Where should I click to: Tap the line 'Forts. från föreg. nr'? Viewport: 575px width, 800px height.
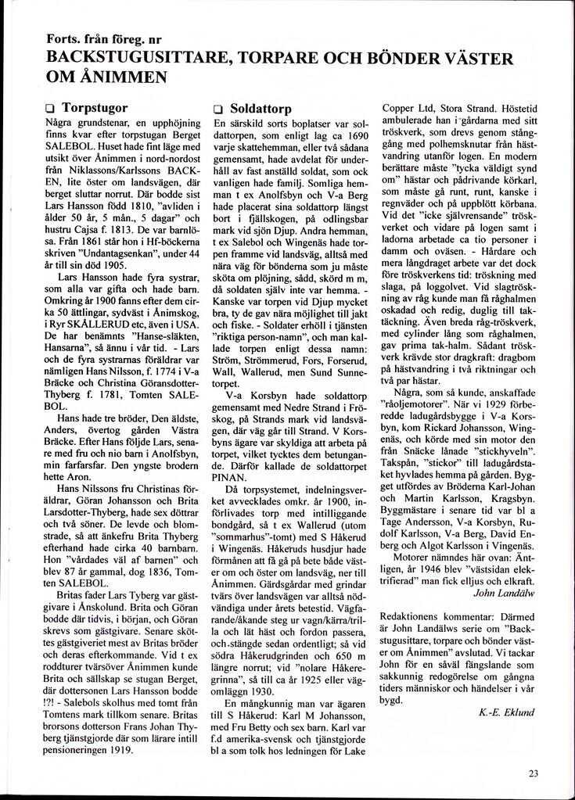coord(104,39)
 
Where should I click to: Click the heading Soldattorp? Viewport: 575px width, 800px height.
coord(261,109)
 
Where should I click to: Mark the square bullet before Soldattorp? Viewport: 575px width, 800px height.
coord(218,110)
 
